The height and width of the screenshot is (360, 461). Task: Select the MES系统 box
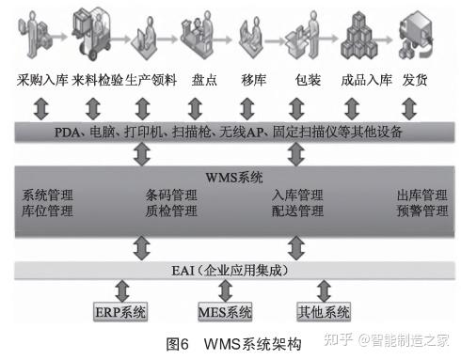(225, 311)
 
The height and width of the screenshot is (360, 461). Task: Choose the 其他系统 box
(323, 311)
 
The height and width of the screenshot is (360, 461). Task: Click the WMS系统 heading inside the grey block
(233, 177)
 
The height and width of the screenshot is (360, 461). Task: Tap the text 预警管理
(422, 212)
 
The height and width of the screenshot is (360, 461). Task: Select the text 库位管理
(47, 212)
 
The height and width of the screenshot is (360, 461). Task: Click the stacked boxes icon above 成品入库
(364, 34)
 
